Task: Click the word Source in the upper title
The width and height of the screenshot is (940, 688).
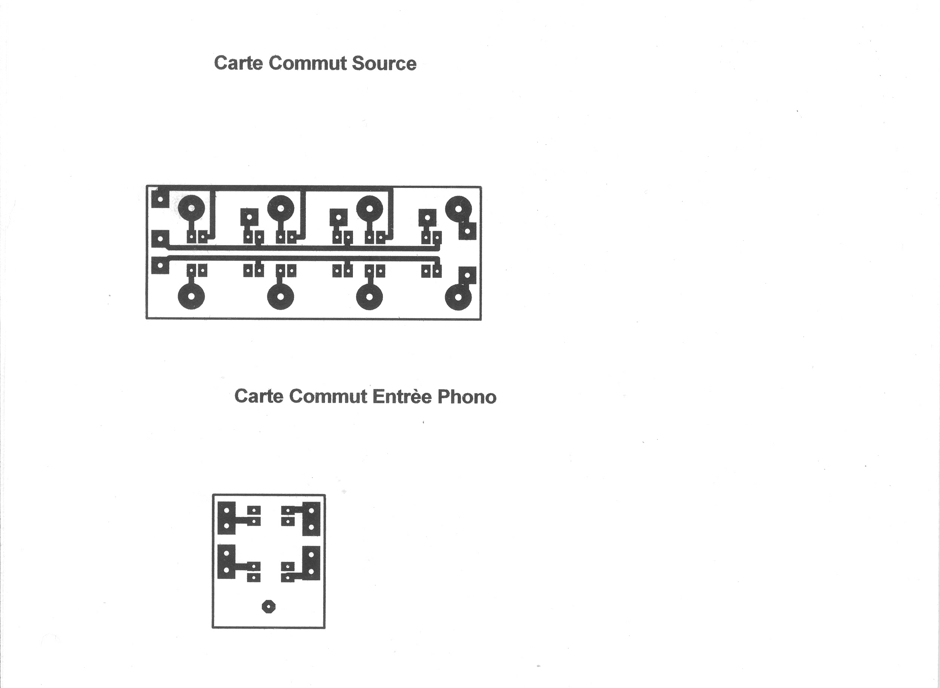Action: pos(384,64)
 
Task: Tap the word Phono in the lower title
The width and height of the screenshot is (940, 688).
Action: pos(467,397)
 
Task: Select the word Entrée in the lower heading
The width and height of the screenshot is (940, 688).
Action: pos(402,397)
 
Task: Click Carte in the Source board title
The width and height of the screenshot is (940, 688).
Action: pos(238,63)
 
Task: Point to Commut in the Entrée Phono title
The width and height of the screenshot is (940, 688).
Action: pos(328,397)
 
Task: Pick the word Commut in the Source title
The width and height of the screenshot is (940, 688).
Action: pos(307,63)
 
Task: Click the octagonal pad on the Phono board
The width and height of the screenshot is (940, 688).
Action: pos(269,607)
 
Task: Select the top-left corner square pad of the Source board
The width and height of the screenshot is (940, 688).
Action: pos(160,199)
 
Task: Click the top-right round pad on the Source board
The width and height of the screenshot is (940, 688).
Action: pos(458,209)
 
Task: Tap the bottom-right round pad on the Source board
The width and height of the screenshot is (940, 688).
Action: pos(458,297)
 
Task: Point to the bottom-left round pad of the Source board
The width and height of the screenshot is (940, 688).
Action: pos(191,297)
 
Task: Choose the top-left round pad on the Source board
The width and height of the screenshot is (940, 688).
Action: pos(191,208)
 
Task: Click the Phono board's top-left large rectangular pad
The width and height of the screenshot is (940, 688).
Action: pos(226,518)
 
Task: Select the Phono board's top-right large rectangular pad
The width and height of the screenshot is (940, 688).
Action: pos(311,518)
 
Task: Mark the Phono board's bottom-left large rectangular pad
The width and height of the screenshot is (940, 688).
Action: pos(226,562)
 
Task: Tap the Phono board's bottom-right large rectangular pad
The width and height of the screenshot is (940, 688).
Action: pos(311,563)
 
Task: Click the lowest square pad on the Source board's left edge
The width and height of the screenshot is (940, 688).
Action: pos(160,265)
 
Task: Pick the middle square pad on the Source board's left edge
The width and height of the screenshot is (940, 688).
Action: pos(160,239)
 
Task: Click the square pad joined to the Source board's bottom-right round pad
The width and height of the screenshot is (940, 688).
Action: pos(467,275)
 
